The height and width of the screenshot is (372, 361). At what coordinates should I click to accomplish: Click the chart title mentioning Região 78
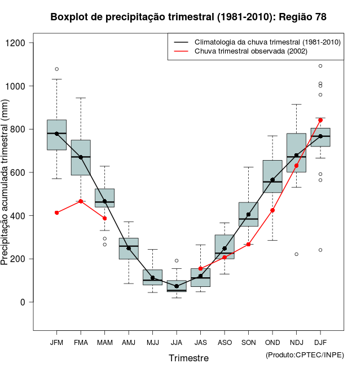pyautogui.click(x=188, y=17)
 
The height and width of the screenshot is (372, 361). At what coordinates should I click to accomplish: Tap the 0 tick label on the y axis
pyautogui.click(x=24, y=302)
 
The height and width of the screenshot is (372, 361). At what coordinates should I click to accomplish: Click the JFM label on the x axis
pyautogui.click(x=56, y=342)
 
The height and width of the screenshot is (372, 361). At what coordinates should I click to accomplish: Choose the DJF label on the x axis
pyautogui.click(x=320, y=342)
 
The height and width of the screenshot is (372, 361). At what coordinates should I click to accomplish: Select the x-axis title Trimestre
pyautogui.click(x=188, y=358)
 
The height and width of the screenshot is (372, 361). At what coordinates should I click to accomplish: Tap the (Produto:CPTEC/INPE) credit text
pyautogui.click(x=305, y=355)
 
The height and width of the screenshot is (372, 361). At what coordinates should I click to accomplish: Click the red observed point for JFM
pyautogui.click(x=56, y=212)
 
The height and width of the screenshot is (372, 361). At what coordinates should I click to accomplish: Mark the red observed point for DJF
pyautogui.click(x=320, y=120)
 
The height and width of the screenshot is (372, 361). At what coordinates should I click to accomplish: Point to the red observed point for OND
pyautogui.click(x=272, y=210)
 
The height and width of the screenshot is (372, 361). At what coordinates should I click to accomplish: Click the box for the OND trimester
pyautogui.click(x=272, y=176)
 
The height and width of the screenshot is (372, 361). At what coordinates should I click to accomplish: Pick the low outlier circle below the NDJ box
pyautogui.click(x=297, y=254)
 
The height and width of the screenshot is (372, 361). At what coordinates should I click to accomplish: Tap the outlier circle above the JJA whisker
pyautogui.click(x=177, y=260)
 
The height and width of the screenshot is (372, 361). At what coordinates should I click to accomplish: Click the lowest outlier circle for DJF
pyautogui.click(x=320, y=250)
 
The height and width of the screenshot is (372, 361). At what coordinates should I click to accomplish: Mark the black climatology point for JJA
pyautogui.click(x=177, y=286)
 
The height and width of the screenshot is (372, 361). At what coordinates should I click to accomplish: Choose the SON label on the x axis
pyautogui.click(x=248, y=342)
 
